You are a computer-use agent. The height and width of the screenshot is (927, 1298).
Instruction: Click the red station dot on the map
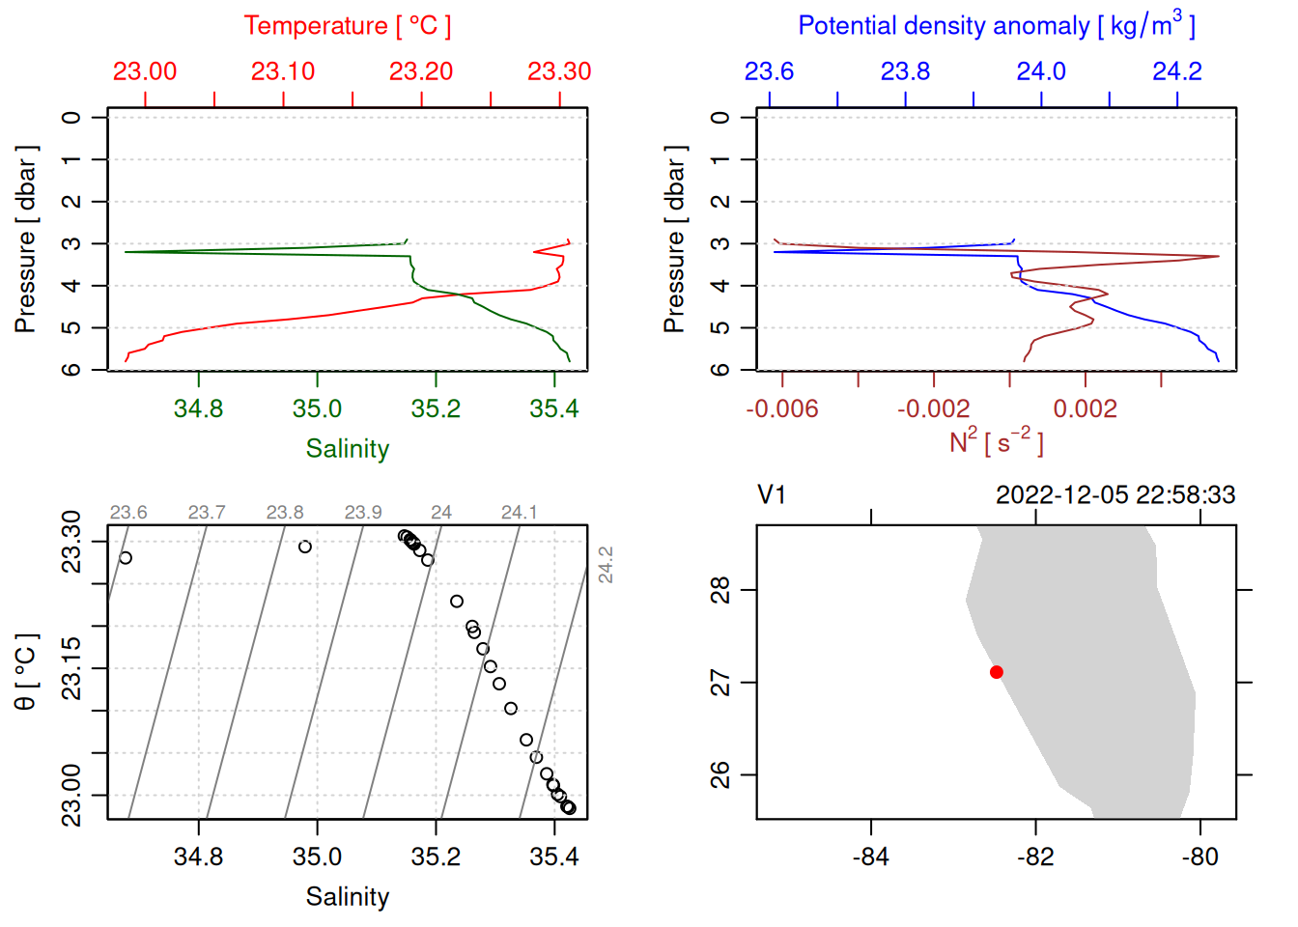tap(996, 672)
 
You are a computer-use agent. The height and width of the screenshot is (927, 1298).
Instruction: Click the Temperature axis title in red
tap(347, 26)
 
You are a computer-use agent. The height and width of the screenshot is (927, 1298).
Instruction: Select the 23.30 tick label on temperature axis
tap(559, 71)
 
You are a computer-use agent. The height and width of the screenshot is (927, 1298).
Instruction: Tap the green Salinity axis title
tap(348, 449)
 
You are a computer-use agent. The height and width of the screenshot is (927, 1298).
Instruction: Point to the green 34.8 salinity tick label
tap(198, 408)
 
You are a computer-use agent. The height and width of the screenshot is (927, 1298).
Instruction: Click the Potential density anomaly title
tap(996, 26)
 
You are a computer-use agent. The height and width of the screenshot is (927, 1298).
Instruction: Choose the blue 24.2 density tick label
tap(1177, 71)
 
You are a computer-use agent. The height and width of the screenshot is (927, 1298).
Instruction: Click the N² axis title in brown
tap(996, 442)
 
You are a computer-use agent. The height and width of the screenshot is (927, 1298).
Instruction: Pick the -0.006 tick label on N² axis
tap(781, 408)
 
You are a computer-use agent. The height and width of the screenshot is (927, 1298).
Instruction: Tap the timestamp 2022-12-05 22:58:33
tap(1115, 495)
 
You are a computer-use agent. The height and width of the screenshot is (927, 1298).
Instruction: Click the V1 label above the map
tap(772, 495)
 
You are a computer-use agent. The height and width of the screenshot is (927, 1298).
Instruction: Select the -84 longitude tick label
tap(871, 857)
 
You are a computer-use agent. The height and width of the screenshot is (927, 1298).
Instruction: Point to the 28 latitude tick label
tap(720, 589)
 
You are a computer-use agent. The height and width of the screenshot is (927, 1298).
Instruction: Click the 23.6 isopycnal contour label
tap(128, 513)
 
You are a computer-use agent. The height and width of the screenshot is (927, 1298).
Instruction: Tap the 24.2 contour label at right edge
tap(606, 565)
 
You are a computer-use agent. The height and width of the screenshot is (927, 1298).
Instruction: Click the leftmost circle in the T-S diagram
tap(126, 558)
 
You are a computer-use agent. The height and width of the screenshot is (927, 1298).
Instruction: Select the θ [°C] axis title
tap(25, 672)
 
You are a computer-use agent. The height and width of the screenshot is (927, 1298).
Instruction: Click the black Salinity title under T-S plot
tap(348, 897)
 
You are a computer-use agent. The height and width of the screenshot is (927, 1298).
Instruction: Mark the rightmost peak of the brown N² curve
tap(1218, 256)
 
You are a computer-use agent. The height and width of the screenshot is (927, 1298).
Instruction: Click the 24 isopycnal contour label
tap(441, 513)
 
